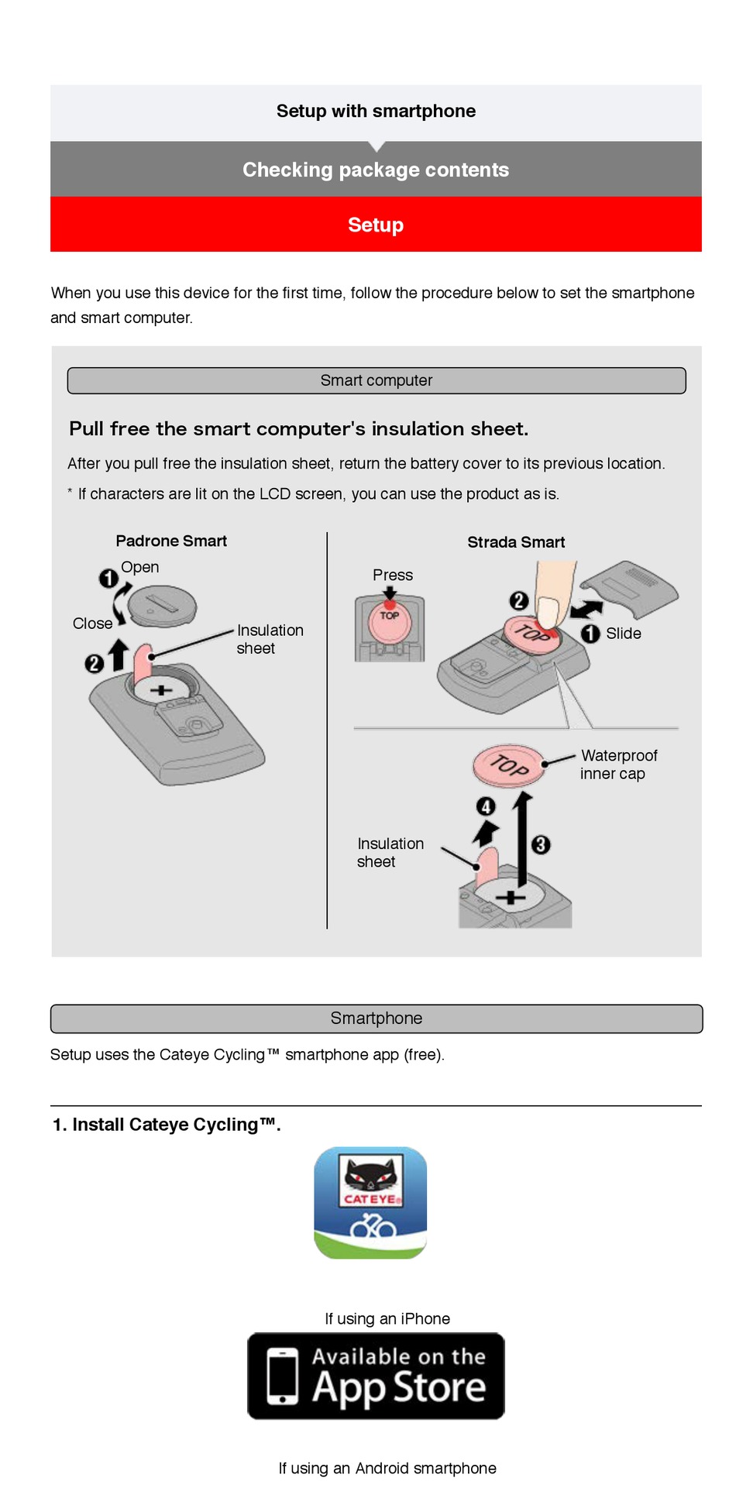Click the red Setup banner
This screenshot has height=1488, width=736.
(376, 225)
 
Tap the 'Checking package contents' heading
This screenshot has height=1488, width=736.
(376, 170)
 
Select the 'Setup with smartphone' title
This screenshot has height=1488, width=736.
(376, 112)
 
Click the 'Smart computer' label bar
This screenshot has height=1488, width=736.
(377, 380)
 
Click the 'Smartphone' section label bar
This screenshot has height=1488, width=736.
(377, 1019)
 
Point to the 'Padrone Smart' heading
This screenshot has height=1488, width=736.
(171, 541)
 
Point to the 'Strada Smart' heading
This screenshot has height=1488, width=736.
(516, 542)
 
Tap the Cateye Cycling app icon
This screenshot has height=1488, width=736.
(370, 1203)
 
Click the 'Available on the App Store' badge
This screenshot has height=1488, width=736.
(376, 1376)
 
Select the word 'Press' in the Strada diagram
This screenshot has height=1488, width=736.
(393, 576)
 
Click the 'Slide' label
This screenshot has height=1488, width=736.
(624, 634)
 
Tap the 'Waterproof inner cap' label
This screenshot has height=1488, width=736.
(618, 765)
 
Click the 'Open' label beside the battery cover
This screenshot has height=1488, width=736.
(140, 567)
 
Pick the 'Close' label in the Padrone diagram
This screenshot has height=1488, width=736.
(92, 624)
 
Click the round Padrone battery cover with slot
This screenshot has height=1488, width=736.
(162, 605)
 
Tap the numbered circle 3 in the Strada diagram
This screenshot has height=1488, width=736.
(541, 844)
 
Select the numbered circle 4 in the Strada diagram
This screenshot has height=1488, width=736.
(486, 806)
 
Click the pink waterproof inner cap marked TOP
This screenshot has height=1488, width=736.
(508, 765)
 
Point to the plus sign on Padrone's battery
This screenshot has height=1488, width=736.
(161, 689)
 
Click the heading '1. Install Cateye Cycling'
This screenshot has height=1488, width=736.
(167, 1125)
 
